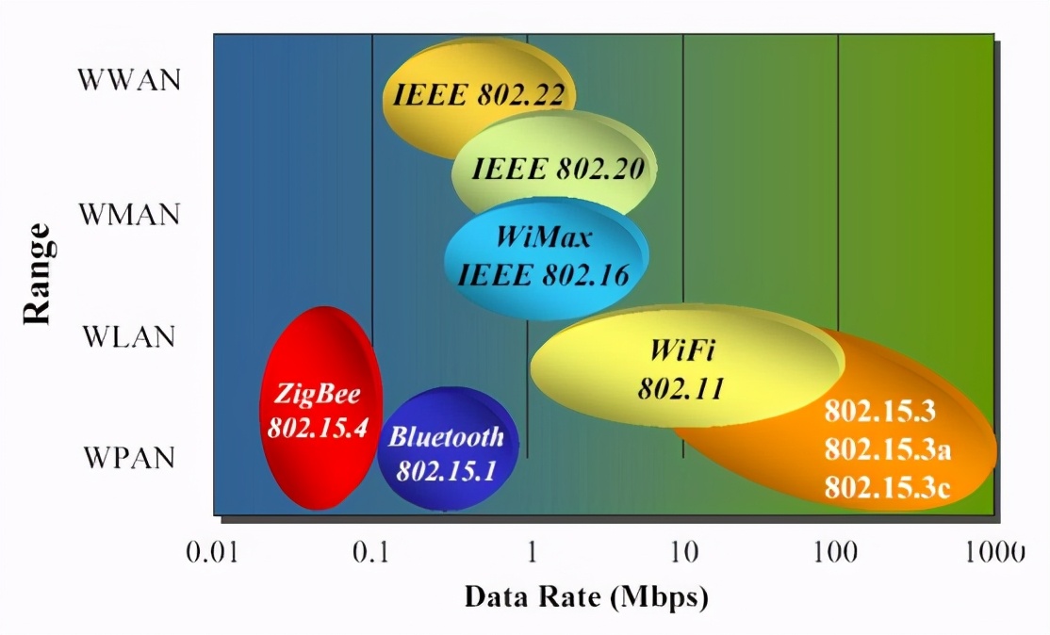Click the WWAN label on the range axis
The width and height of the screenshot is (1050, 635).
[129, 78]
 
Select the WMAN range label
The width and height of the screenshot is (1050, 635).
[129, 214]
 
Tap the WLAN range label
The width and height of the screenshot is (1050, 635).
[129, 336]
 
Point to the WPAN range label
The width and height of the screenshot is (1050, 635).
[129, 459]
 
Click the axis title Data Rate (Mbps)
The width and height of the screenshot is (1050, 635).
[585, 597]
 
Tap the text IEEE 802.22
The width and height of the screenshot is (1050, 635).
[479, 95]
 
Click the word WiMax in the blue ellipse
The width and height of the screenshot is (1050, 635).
[544, 236]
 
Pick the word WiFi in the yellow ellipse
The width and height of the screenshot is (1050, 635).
[682, 351]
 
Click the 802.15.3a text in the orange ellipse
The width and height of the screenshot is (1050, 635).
[887, 450]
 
